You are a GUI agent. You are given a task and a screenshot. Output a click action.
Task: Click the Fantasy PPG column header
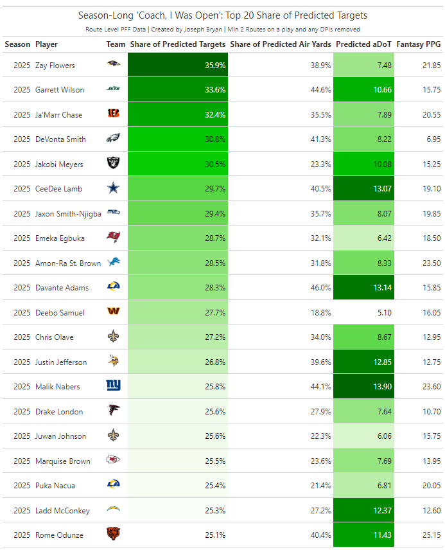point(418,44)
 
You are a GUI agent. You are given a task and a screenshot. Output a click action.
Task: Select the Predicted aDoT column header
point(363,44)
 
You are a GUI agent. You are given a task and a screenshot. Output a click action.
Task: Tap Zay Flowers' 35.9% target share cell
point(178,65)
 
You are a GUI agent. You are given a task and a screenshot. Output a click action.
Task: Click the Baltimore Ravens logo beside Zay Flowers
point(113,65)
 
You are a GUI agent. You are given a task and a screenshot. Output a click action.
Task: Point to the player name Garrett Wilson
point(60,90)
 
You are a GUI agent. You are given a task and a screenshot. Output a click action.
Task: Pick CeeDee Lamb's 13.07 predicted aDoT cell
point(364,189)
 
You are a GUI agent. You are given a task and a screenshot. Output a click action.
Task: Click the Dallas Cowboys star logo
point(113,189)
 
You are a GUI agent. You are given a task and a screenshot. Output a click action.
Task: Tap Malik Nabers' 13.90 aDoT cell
point(364,387)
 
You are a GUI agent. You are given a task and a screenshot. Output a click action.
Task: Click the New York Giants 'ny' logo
point(113,387)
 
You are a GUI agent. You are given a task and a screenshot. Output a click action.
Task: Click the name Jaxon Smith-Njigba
point(68,213)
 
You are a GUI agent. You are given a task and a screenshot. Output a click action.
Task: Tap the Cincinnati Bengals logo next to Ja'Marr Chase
point(113,114)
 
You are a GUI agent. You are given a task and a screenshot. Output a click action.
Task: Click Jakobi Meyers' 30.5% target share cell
point(178,164)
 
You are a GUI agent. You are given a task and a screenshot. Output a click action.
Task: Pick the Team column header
point(116,44)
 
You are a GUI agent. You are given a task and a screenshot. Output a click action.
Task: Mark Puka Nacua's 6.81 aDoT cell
point(364,486)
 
